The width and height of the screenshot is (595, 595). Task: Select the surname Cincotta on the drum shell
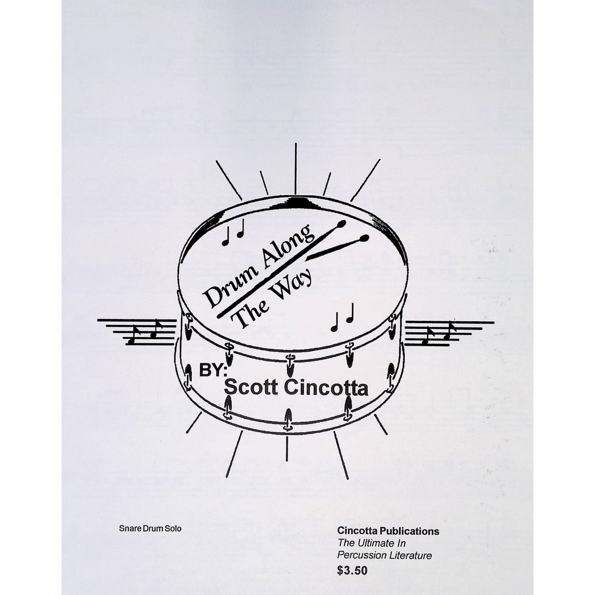pos(326,388)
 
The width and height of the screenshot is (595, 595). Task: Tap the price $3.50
pos(352,571)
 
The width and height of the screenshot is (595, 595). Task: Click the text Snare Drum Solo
pos(150,528)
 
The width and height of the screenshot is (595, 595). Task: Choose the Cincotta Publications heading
pos(388,531)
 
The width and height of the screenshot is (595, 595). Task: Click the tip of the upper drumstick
pos(342,224)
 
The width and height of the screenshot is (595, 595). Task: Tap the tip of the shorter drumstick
pos(364,238)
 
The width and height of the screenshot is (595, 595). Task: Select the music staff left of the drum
pos(137,332)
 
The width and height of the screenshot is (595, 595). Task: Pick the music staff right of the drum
pos(449,334)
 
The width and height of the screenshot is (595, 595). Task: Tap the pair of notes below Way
pos(342,317)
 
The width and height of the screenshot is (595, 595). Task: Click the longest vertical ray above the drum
pos(296,169)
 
